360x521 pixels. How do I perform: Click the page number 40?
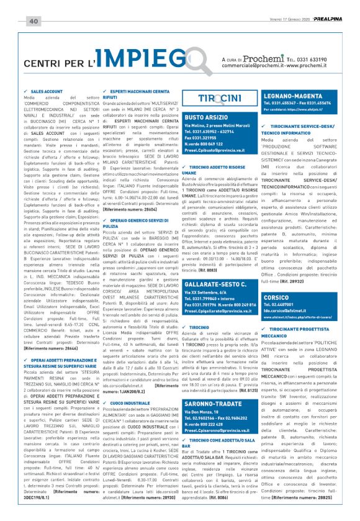click(34, 22)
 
